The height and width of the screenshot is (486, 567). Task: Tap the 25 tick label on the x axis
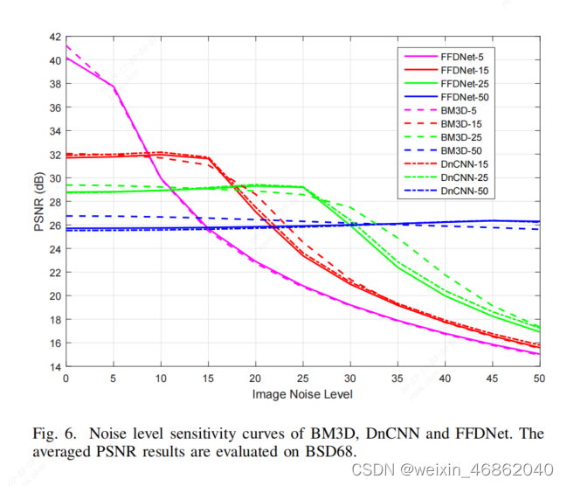(302, 378)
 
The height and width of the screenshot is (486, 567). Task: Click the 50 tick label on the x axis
(539, 378)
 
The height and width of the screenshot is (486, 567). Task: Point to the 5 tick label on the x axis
(113, 378)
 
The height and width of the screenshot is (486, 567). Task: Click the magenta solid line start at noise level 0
(66, 59)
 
